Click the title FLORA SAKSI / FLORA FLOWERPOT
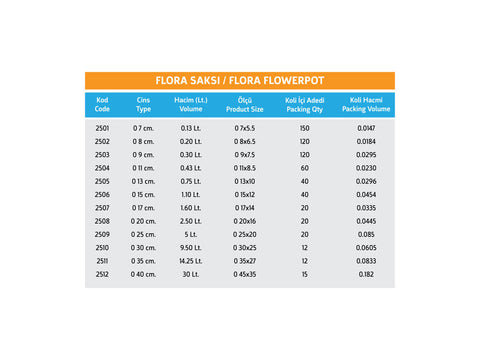point(240,80)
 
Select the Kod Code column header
point(102,104)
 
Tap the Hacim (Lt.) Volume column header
point(189,104)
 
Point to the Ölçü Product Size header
point(245,104)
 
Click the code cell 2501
point(102,129)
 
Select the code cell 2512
point(102,272)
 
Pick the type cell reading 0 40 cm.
point(145,272)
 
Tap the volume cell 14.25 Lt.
point(189,259)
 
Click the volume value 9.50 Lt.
point(189,246)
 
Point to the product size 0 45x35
point(245,272)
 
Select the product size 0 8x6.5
point(245,142)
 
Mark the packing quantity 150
point(305,129)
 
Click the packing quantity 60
point(305,168)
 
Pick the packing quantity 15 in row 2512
point(305,272)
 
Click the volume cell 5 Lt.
point(189,233)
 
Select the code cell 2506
point(102,194)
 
